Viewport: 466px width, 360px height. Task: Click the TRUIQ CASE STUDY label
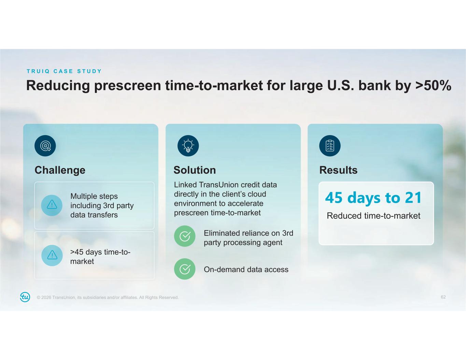click(64, 71)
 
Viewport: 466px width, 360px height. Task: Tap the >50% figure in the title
click(433, 86)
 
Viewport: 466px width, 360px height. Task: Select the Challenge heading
click(60, 170)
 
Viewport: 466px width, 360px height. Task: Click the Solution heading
click(195, 170)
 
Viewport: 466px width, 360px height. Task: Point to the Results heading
click(338, 170)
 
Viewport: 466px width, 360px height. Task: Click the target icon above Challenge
click(45, 146)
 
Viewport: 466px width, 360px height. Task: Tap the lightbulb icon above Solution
click(188, 146)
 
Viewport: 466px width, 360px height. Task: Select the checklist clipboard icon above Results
click(330, 146)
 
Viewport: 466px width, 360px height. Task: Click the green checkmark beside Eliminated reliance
click(185, 236)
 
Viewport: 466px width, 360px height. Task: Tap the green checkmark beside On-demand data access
click(185, 269)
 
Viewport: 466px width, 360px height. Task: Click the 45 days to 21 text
click(373, 198)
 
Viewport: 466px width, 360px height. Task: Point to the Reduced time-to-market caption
click(373, 216)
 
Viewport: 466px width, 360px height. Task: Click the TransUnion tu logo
click(25, 297)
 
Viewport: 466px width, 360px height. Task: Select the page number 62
click(443, 297)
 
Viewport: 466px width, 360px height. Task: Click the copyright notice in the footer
click(108, 298)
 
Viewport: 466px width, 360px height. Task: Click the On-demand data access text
click(246, 270)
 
